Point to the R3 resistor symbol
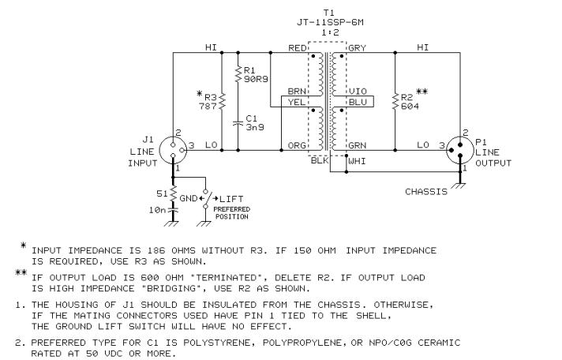[x=222, y=100]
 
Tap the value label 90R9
[x=255, y=79]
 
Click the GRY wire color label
[x=357, y=48]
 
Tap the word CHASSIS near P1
[x=425, y=191]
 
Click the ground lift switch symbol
[x=206, y=197]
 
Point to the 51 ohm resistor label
[x=161, y=192]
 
